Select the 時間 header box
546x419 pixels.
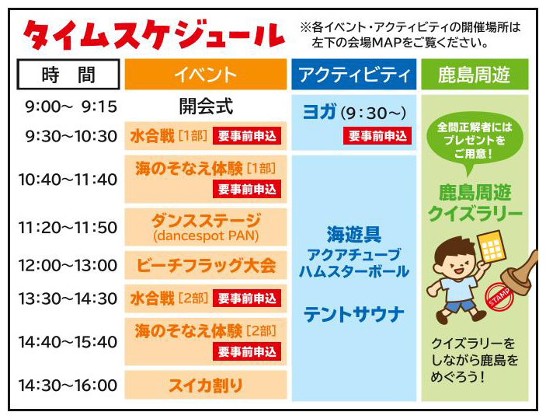click(x=68, y=75)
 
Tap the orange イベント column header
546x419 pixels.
click(x=206, y=75)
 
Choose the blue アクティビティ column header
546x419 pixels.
click(x=354, y=75)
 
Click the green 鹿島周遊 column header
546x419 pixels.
click(x=475, y=75)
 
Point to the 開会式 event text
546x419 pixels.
click(x=206, y=106)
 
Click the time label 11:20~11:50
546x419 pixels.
click(x=68, y=228)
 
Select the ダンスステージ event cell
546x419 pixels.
click(x=206, y=227)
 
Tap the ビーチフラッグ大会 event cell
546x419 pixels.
click(x=206, y=265)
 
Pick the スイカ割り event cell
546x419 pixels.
click(x=206, y=386)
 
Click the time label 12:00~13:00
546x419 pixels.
click(x=68, y=265)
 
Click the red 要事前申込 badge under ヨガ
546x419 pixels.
click(x=377, y=135)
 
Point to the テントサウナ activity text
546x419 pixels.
click(x=354, y=314)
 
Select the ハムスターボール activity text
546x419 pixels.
click(x=354, y=271)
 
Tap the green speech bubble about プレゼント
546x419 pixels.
click(x=475, y=141)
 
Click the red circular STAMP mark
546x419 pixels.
click(x=499, y=297)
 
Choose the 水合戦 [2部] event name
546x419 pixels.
click(x=169, y=299)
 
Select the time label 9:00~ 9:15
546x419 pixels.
click(x=71, y=106)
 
